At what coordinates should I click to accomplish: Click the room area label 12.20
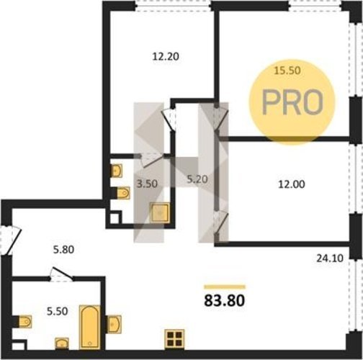click(x=166, y=57)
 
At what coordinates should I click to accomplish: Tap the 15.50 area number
click(x=287, y=71)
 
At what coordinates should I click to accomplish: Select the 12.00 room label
click(x=292, y=184)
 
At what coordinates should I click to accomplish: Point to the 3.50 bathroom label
click(x=147, y=184)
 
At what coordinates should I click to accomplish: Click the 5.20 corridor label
click(x=197, y=179)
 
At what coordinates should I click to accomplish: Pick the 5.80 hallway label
click(x=63, y=250)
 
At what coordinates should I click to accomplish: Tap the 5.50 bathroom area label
click(x=58, y=311)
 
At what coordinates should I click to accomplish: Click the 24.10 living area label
click(x=330, y=258)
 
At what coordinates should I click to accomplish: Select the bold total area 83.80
click(x=225, y=300)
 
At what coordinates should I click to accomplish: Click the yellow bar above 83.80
click(x=225, y=287)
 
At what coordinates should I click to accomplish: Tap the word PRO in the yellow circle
click(x=292, y=102)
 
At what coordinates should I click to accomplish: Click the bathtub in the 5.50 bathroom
click(x=89, y=328)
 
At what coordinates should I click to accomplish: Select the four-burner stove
click(x=174, y=339)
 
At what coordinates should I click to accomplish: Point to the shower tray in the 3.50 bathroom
click(x=160, y=212)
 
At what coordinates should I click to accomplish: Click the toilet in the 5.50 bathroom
click(x=25, y=322)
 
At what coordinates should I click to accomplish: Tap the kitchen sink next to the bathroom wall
click(x=115, y=324)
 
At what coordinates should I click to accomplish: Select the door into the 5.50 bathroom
click(x=61, y=274)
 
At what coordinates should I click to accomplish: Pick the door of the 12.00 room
click(x=221, y=222)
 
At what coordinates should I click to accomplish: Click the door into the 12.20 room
click(x=169, y=120)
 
